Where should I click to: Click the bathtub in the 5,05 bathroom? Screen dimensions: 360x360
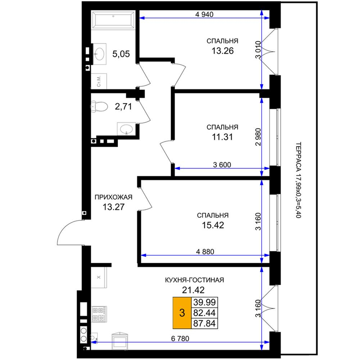click(113, 20)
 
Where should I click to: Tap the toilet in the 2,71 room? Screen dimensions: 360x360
click(99, 107)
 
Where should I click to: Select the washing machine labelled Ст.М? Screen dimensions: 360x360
click(99, 81)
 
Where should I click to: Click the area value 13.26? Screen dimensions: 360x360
click(222, 51)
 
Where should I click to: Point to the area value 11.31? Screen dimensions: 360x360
click(222, 137)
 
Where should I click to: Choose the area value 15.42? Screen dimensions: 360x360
click(213, 225)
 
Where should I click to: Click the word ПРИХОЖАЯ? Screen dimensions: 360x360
click(113, 197)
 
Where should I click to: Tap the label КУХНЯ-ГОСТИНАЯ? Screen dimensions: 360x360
click(194, 280)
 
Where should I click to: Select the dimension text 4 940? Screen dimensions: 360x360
click(204, 14)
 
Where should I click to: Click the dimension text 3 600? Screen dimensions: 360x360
click(222, 165)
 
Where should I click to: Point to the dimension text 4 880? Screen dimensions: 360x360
click(205, 252)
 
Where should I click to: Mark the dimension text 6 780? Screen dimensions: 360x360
click(180, 338)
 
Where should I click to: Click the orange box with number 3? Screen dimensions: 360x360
click(182, 313)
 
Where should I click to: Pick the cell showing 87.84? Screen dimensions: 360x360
click(204, 323)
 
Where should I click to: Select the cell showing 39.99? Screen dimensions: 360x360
click(204, 302)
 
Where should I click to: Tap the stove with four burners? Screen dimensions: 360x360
click(99, 314)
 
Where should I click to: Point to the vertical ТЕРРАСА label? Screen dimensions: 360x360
click(298, 180)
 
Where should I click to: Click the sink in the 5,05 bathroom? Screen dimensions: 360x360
click(99, 54)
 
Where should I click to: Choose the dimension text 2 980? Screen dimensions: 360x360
click(258, 137)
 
